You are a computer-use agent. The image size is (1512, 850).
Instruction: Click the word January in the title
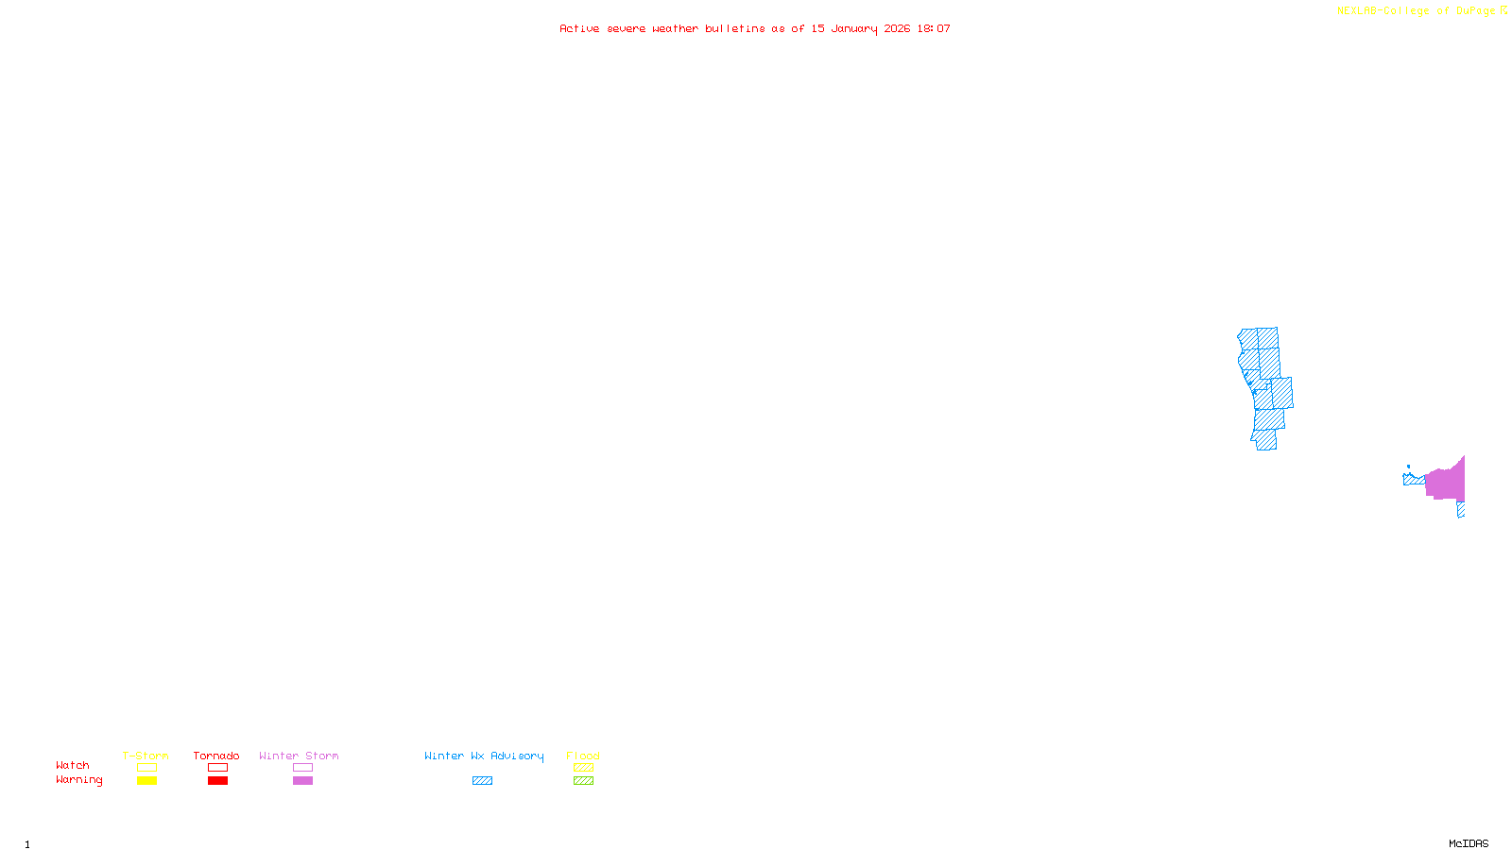point(853,28)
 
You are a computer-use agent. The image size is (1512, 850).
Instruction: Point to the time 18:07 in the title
point(933,28)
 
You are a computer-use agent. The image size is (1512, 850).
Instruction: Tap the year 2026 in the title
point(897,28)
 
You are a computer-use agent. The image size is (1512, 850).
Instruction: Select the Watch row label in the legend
point(73,765)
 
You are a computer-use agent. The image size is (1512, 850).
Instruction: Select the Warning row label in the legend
point(78,780)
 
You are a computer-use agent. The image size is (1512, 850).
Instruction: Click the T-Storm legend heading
point(146,756)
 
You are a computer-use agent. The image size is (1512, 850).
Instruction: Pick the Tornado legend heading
point(216,756)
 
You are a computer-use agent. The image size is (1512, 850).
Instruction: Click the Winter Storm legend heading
point(299,756)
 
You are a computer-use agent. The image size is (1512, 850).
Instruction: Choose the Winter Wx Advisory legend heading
point(484,756)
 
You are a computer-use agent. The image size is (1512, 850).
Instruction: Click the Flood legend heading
point(583,756)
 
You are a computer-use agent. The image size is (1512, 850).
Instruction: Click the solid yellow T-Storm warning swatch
point(146,781)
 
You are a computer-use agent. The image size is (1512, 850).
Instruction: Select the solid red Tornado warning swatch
point(217,781)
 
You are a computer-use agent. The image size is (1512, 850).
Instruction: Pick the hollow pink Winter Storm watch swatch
point(302,768)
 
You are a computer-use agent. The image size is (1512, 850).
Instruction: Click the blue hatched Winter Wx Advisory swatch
point(482,781)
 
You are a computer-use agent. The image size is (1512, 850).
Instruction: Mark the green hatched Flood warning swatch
point(583,781)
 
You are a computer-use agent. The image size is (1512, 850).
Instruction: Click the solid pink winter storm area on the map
point(1446,483)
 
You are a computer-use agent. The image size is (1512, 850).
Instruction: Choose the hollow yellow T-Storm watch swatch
point(146,768)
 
